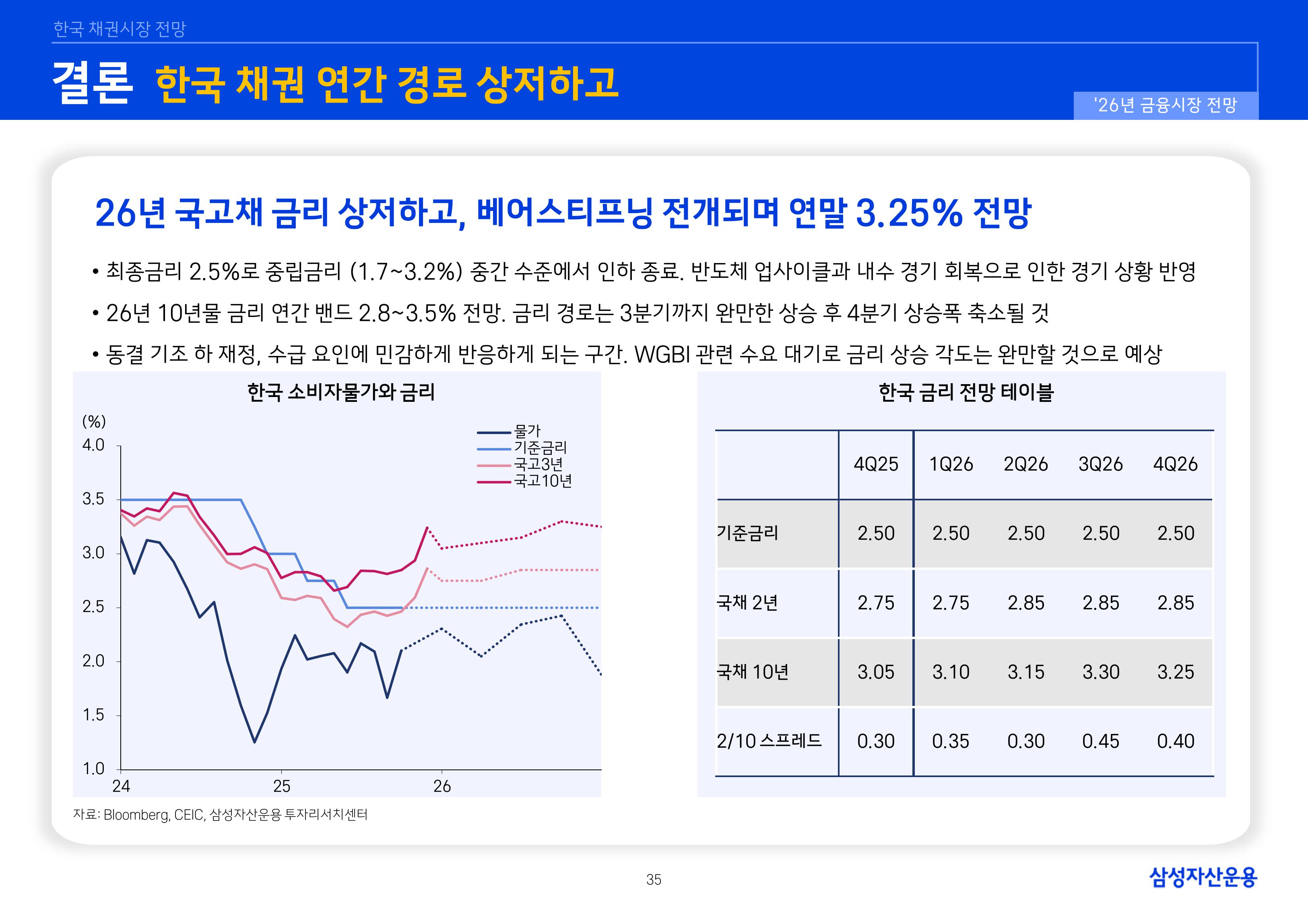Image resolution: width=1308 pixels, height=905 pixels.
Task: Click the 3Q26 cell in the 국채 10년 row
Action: click(1100, 672)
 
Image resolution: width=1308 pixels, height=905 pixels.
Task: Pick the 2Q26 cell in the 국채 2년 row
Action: click(1025, 603)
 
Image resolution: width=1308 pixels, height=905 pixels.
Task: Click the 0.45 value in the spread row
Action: click(1100, 741)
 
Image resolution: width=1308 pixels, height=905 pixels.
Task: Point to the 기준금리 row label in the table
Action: click(748, 533)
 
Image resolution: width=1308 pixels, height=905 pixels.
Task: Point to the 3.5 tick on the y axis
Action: click(94, 500)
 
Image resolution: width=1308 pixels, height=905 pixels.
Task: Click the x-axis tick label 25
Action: click(281, 786)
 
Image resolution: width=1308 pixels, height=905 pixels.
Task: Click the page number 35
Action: click(654, 880)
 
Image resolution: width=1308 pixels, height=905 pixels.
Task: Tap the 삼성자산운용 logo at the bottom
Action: click(1203, 877)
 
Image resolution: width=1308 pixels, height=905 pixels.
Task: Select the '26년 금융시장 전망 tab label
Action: click(1165, 105)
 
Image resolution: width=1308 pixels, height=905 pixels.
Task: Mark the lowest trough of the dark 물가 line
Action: click(255, 742)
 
